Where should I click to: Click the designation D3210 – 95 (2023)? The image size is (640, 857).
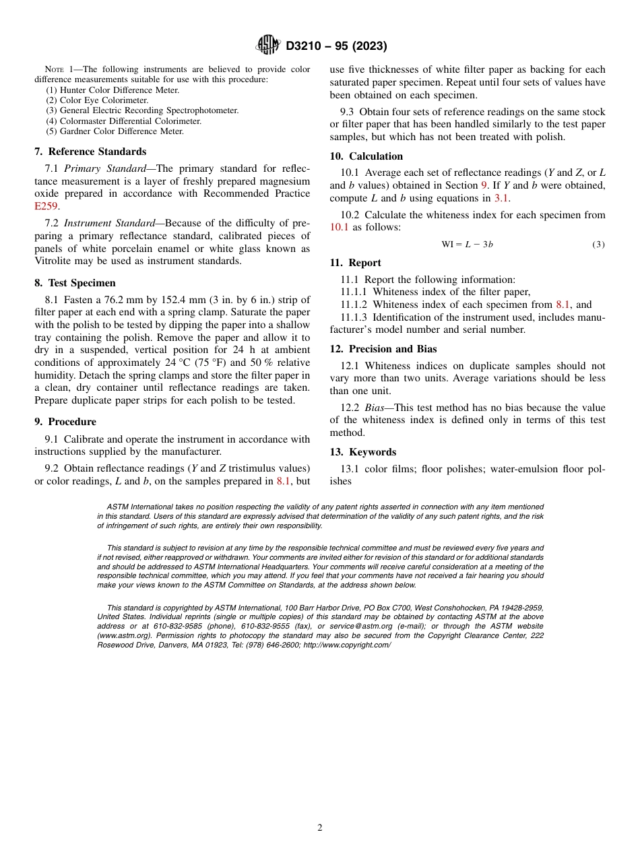(x=336, y=46)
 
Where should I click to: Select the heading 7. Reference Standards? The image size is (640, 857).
(x=90, y=152)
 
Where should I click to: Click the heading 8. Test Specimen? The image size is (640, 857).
(x=75, y=283)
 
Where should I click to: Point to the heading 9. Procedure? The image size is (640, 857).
(x=65, y=422)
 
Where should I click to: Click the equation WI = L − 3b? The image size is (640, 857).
(x=467, y=244)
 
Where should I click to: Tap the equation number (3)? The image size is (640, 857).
(x=598, y=244)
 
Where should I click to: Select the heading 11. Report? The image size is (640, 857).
(x=355, y=263)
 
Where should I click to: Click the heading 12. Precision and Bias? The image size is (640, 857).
(x=383, y=349)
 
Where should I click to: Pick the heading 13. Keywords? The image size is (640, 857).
(x=362, y=452)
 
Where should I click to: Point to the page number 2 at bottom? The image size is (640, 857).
(x=320, y=828)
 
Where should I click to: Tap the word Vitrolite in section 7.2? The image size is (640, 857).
(x=55, y=261)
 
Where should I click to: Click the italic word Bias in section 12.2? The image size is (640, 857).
(x=375, y=408)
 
